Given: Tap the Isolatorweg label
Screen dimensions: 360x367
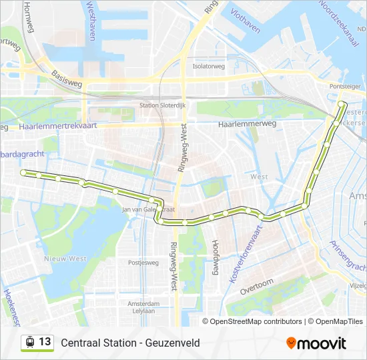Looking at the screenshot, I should tap(208, 66).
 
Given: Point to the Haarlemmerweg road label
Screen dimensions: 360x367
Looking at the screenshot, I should tap(244, 124).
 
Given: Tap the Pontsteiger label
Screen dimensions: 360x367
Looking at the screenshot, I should tap(344, 87).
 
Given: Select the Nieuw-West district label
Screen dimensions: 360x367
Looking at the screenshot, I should tap(65, 258).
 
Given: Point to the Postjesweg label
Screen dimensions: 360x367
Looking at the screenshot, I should tap(143, 263).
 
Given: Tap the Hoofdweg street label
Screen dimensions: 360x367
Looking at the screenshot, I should tap(215, 257).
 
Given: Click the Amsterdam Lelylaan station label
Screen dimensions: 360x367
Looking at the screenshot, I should tap(141, 307).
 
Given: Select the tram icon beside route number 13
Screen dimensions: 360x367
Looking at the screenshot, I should tap(29, 342).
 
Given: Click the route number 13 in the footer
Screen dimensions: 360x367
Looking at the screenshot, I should tap(45, 342).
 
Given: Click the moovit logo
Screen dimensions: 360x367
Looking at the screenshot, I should tap(316, 343).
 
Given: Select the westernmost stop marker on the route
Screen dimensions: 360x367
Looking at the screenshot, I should tap(23, 173).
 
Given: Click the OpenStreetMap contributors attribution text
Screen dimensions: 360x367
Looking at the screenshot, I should tap(256, 321).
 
